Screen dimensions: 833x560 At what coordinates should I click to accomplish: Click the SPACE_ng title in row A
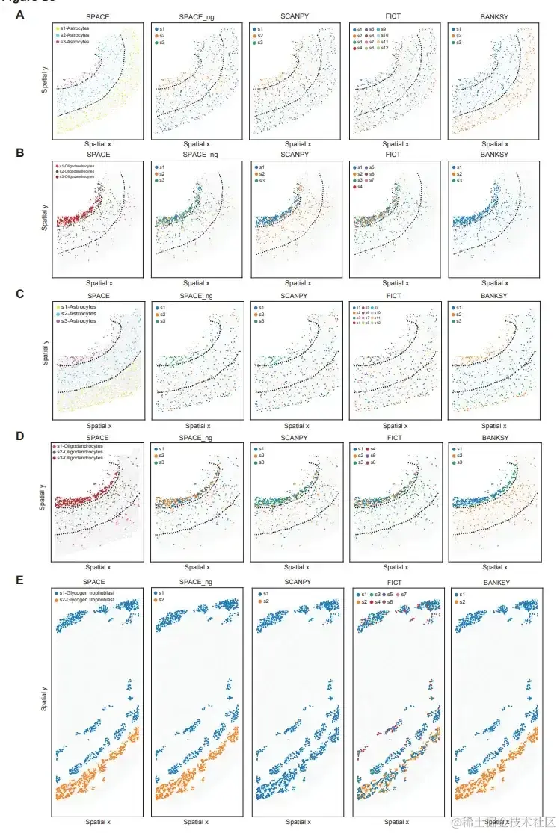click(197, 16)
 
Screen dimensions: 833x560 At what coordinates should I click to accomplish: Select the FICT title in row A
click(396, 16)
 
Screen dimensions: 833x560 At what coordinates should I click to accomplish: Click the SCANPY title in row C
click(295, 296)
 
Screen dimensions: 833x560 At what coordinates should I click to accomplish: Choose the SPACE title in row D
click(97, 438)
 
